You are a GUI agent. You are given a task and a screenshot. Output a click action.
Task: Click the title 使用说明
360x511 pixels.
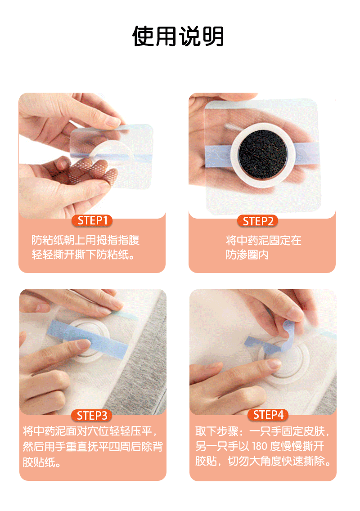[x=178, y=36]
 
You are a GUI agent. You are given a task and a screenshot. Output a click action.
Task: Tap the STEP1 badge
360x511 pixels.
[x=92, y=220]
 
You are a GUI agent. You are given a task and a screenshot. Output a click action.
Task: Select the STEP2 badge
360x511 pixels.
[x=257, y=221]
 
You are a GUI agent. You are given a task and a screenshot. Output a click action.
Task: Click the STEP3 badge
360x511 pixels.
[x=92, y=415]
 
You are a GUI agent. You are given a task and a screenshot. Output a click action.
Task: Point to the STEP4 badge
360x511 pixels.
[x=268, y=415]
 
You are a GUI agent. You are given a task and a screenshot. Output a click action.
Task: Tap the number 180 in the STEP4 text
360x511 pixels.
[x=260, y=446]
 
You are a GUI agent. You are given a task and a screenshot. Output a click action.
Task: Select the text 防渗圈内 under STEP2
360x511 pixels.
[x=247, y=255]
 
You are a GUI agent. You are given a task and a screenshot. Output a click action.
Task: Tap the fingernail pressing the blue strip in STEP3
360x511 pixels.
[x=83, y=344]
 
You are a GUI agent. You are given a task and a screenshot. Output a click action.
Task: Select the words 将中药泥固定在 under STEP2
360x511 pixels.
[x=264, y=240]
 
